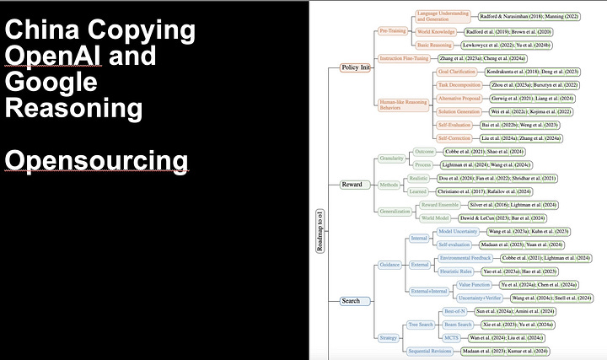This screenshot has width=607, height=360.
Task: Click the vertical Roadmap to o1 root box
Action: (x=319, y=228)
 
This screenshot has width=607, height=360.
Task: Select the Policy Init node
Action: (x=354, y=67)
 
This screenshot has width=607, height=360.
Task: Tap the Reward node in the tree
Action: (x=351, y=184)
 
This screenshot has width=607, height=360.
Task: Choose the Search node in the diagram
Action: (x=351, y=300)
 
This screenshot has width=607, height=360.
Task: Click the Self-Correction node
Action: (x=454, y=137)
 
